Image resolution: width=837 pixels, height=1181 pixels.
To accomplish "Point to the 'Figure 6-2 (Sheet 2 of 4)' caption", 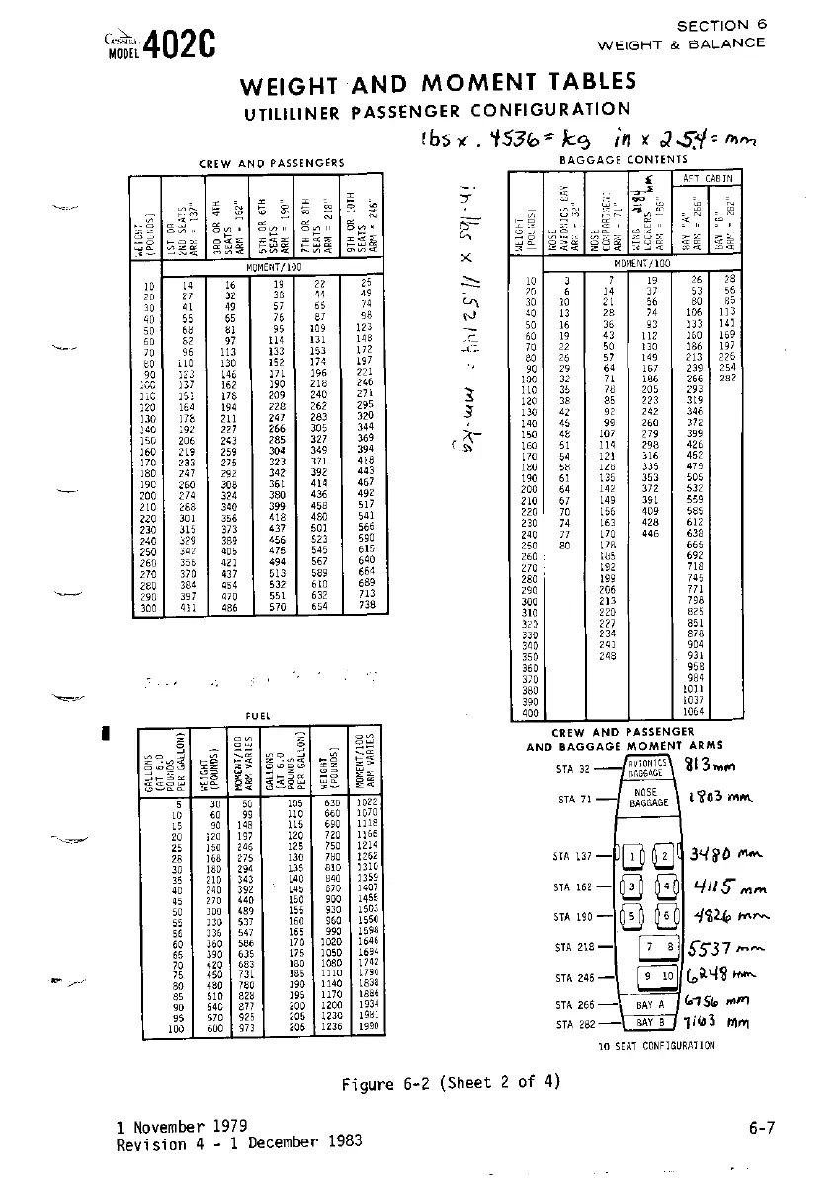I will tap(451, 1082).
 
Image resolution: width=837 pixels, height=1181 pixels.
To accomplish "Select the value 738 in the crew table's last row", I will tap(366, 606).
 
